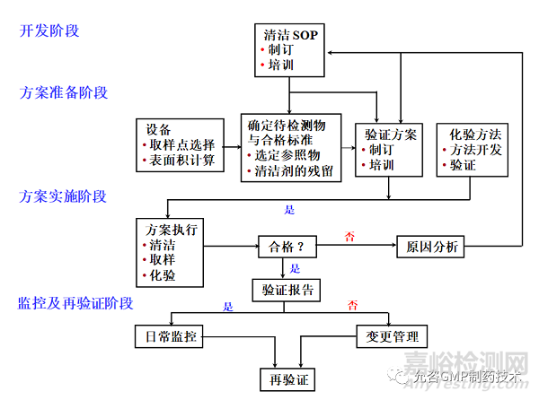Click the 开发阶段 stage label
[49, 31]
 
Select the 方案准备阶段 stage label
[64, 92]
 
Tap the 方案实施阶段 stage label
[64, 196]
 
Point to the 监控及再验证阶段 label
[75, 303]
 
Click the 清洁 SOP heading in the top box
[291, 36]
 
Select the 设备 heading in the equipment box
[158, 128]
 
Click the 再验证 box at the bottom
[287, 380]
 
